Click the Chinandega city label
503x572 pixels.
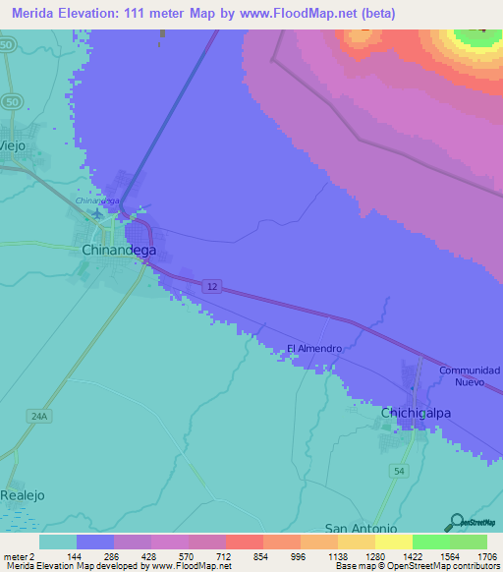tap(118, 251)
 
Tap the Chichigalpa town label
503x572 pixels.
tap(416, 413)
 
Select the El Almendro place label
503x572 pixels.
tap(314, 349)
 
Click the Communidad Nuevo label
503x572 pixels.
tap(470, 375)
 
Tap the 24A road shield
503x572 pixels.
tap(38, 417)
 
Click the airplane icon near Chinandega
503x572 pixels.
tap(97, 213)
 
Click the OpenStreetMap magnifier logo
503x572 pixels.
tap(455, 522)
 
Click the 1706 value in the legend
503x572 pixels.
tap(486, 555)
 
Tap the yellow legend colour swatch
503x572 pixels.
tap(393, 542)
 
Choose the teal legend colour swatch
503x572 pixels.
tap(57, 542)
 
